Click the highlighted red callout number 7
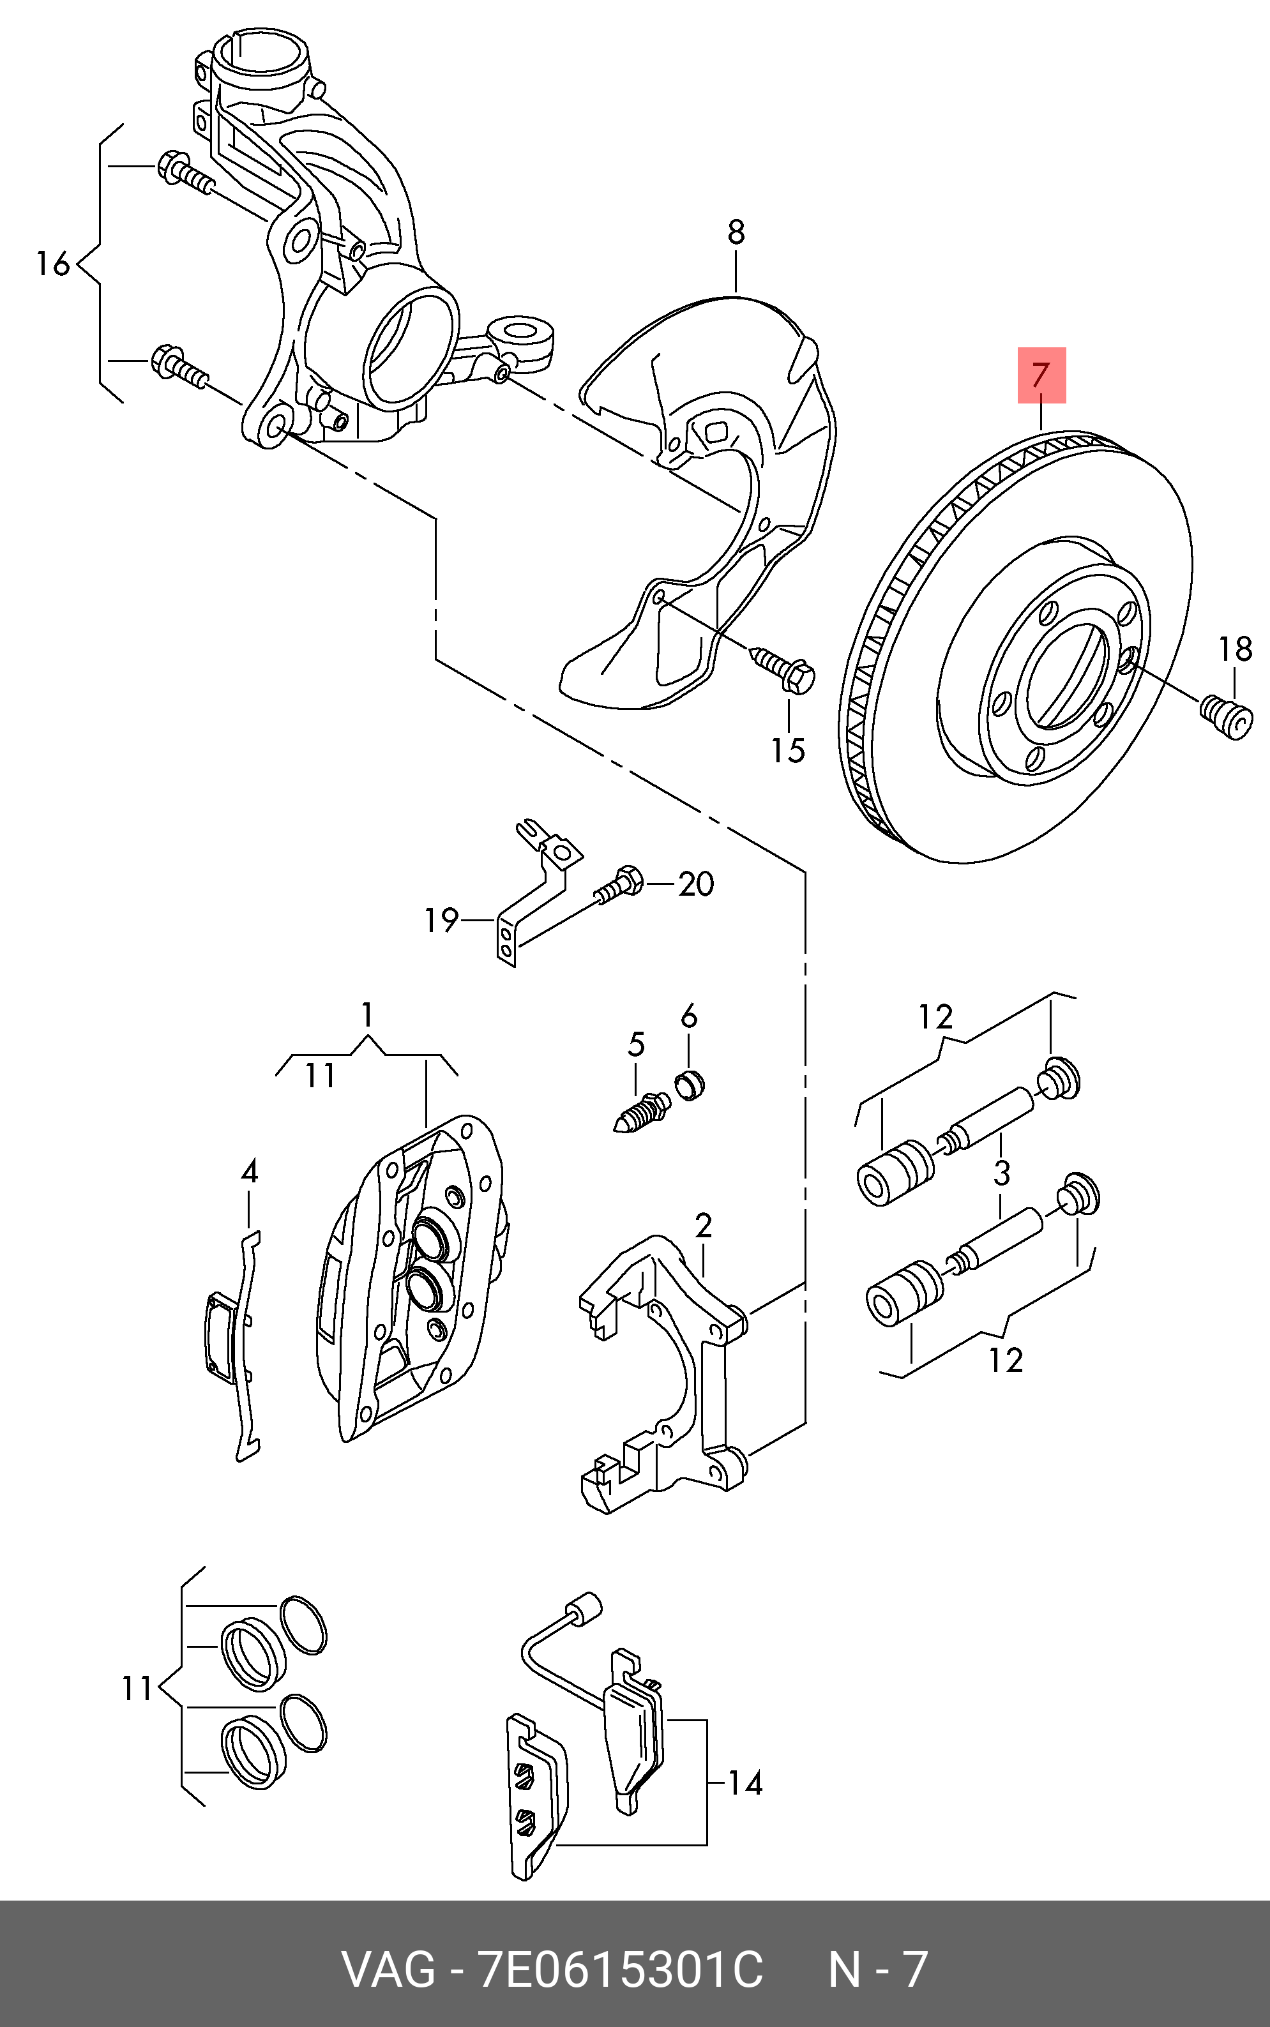(x=1041, y=375)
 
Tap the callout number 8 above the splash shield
(x=736, y=232)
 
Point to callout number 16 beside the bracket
(x=53, y=264)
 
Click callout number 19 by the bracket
(x=441, y=921)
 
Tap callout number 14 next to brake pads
(x=745, y=1782)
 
